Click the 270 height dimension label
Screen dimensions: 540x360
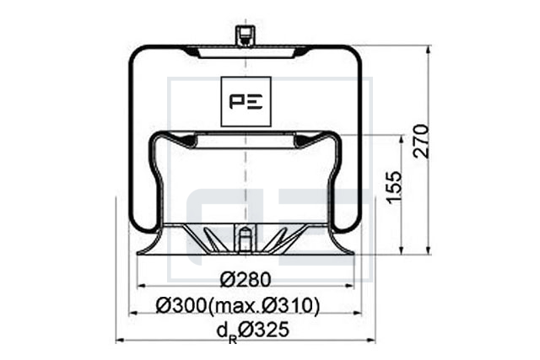pyautogui.click(x=422, y=142)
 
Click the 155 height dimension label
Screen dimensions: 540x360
pyautogui.click(x=394, y=187)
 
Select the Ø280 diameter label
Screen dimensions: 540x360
pyautogui.click(x=246, y=279)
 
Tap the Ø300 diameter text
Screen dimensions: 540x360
pyautogui.click(x=181, y=305)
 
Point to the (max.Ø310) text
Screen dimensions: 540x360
pyautogui.click(x=264, y=306)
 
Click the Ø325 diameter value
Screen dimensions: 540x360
pyautogui.click(x=263, y=330)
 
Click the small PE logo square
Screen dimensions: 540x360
pyautogui.click(x=246, y=101)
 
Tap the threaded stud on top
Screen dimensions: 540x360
pyautogui.click(x=245, y=35)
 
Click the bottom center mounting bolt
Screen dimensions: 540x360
pyautogui.click(x=245, y=239)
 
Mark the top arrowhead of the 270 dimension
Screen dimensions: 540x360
pyautogui.click(x=428, y=49)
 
